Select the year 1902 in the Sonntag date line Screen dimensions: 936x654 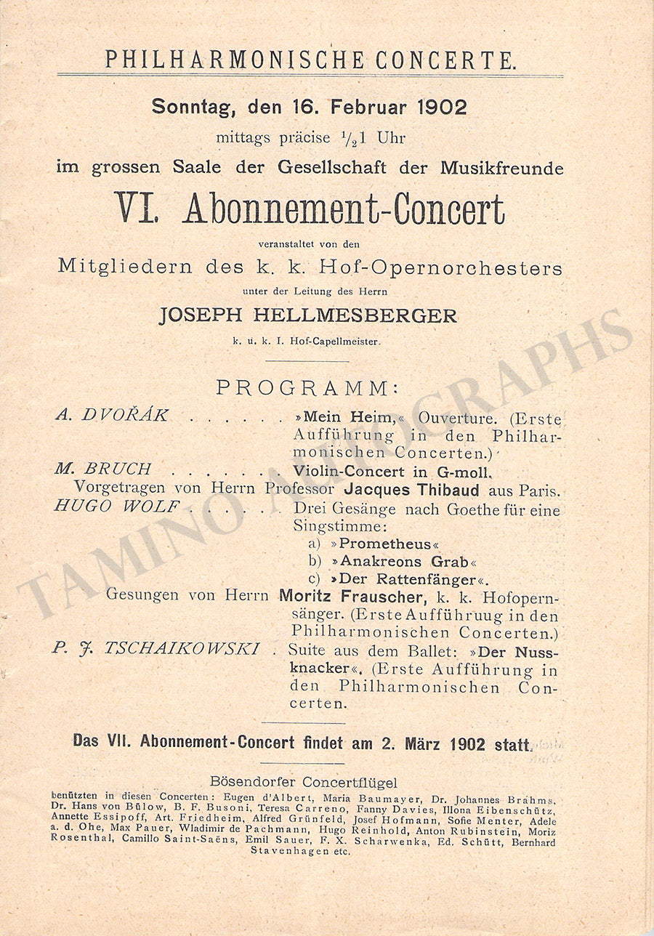point(442,107)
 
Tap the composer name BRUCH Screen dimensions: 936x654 point(117,469)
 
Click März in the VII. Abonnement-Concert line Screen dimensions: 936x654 point(421,743)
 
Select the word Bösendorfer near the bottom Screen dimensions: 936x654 point(251,783)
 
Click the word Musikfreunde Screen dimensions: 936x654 point(501,167)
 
